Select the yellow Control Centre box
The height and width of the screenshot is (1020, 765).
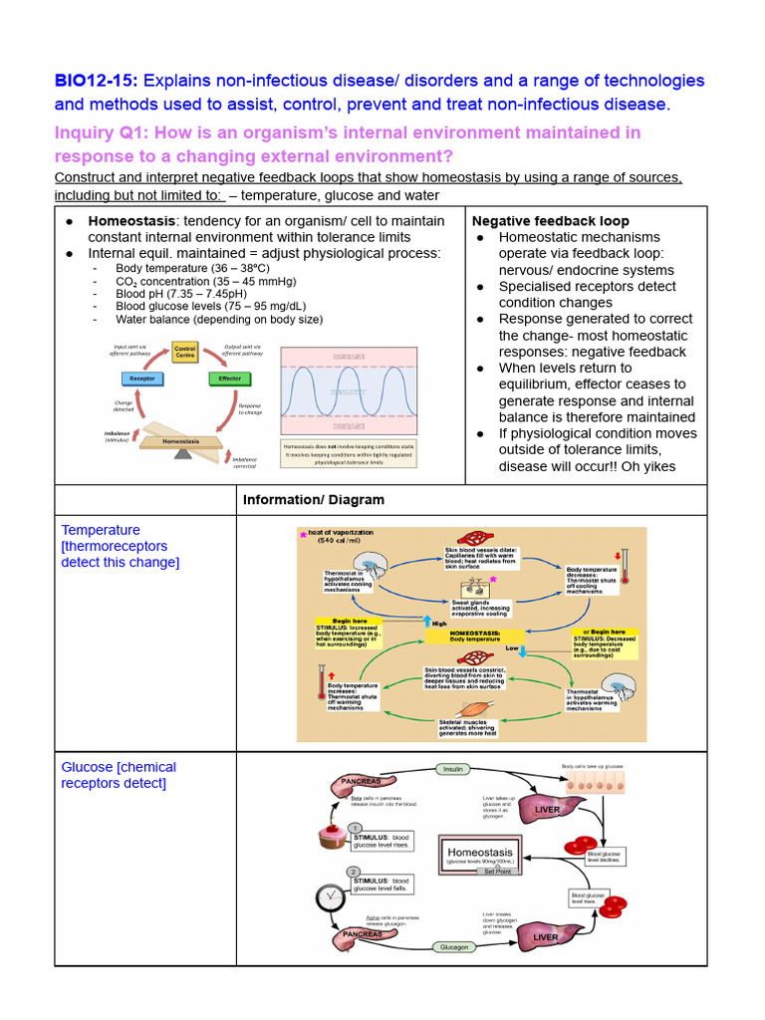[x=185, y=353]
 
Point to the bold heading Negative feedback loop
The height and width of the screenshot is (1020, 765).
[x=550, y=220]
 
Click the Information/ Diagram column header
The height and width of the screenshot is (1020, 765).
[x=313, y=500]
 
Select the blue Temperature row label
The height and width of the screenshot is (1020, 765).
[x=101, y=530]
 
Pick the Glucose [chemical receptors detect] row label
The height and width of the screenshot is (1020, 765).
[x=119, y=775]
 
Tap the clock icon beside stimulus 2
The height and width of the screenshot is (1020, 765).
[x=329, y=896]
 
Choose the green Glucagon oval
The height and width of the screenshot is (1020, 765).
[x=453, y=947]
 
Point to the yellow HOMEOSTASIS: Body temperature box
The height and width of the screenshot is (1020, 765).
[x=474, y=636]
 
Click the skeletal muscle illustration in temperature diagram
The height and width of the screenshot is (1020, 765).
[x=464, y=711]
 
